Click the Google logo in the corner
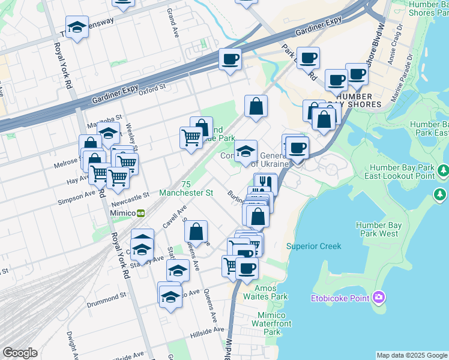(20, 352)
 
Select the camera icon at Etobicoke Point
(378, 297)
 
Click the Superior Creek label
(313, 246)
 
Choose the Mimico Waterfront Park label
(271, 323)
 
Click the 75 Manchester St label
(186, 189)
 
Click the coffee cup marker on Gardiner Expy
(230, 59)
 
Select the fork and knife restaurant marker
(265, 182)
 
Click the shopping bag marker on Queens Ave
(196, 231)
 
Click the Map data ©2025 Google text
(411, 355)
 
